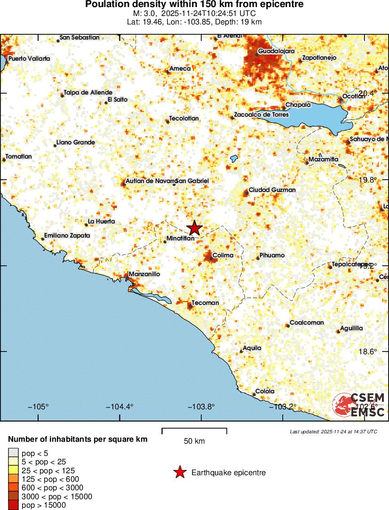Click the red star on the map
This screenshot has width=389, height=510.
pos(194,228)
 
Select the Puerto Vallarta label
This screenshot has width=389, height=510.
pos(29,59)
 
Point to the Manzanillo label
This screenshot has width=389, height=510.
pos(144,274)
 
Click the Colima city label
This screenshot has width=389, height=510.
pos(223,255)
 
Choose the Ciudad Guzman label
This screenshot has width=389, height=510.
pos(272,190)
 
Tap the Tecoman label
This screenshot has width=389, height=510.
pos(206,303)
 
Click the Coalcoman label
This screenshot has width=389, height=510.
pos(307,323)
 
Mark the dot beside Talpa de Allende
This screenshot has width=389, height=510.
pos(62,96)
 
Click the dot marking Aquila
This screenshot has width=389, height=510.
pos(241,351)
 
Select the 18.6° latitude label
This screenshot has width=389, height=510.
pos(368,351)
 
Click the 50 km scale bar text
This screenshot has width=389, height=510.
pos(194,441)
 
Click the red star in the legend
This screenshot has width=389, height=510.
pos(179,472)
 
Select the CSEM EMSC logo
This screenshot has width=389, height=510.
pos(359,405)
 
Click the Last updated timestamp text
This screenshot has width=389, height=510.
pos(333,431)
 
